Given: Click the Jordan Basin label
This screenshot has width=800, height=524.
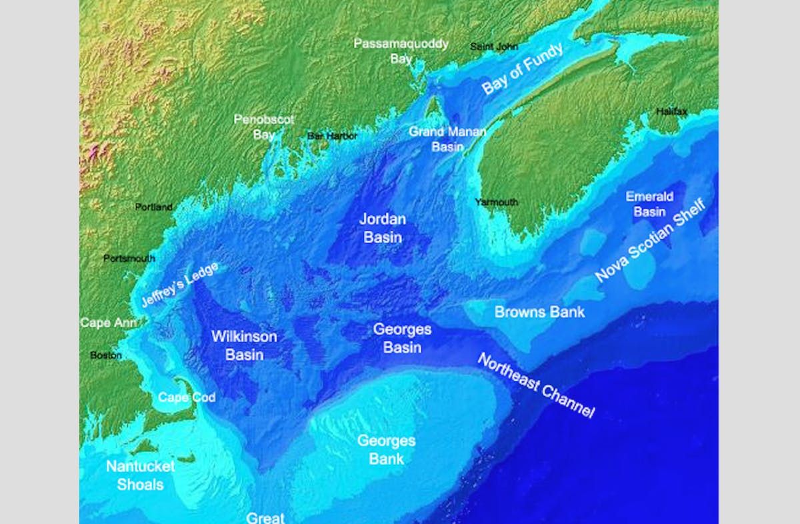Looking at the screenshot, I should (x=383, y=227).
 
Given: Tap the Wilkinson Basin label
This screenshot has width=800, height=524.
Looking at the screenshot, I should (x=244, y=345).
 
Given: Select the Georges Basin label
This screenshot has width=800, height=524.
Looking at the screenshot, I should (x=402, y=338).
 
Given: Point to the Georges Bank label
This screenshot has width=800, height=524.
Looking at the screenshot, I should (x=386, y=449).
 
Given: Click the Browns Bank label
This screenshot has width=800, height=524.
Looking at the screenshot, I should (x=539, y=312).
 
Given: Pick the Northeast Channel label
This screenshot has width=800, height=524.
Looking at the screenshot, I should (x=535, y=385).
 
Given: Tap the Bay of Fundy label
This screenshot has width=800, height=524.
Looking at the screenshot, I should (x=523, y=69).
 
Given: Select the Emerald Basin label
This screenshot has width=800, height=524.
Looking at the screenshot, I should (x=649, y=204).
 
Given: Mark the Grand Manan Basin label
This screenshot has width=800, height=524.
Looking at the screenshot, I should (x=447, y=139).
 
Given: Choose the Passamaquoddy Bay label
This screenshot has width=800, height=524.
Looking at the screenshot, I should (x=401, y=51).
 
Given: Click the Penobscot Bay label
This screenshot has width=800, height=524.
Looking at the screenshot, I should (x=254, y=126).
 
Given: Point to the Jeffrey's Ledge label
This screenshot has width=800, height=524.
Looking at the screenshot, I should (x=179, y=285).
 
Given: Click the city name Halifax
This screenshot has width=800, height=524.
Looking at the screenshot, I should (x=671, y=111).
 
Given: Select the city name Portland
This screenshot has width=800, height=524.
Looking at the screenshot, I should (x=154, y=207).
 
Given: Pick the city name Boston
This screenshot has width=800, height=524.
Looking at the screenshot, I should (x=106, y=355).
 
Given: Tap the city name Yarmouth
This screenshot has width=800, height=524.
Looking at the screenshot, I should (x=496, y=202).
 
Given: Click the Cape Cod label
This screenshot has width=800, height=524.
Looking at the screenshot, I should (x=187, y=397).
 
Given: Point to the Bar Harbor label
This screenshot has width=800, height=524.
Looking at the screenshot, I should (x=332, y=136).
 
